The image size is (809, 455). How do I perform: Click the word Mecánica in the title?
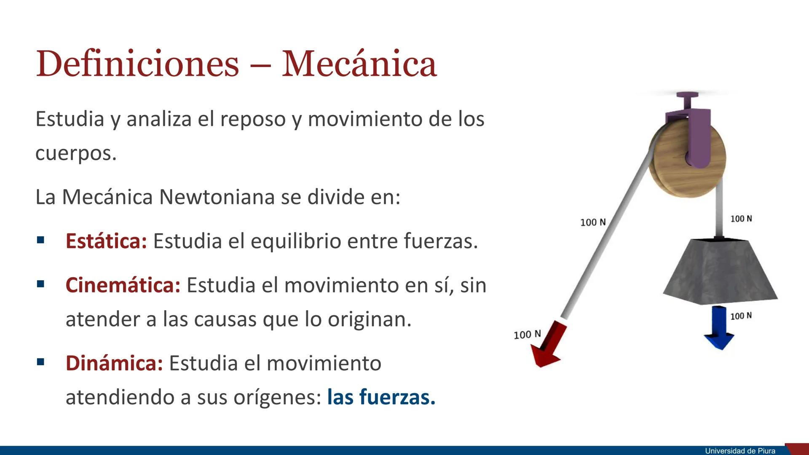click(x=359, y=64)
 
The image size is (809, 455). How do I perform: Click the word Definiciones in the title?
click(x=137, y=64)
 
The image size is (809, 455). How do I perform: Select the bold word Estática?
click(x=106, y=241)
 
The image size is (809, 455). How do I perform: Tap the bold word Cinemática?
click(x=123, y=285)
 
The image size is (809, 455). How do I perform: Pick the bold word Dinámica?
click(x=114, y=363)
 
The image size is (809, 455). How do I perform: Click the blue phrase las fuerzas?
click(x=381, y=397)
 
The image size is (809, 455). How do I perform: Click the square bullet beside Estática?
click(x=40, y=241)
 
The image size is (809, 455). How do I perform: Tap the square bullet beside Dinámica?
click(x=40, y=362)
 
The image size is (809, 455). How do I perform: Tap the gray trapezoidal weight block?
click(x=720, y=272)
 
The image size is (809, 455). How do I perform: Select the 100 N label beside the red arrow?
click(x=527, y=335)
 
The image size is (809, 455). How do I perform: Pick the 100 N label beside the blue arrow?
click(x=741, y=316)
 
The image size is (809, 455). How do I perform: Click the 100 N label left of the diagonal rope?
click(x=593, y=222)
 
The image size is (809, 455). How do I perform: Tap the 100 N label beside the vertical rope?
click(x=741, y=219)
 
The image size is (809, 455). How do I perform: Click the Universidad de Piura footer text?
click(x=740, y=451)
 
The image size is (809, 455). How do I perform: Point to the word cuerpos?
click(x=75, y=153)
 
